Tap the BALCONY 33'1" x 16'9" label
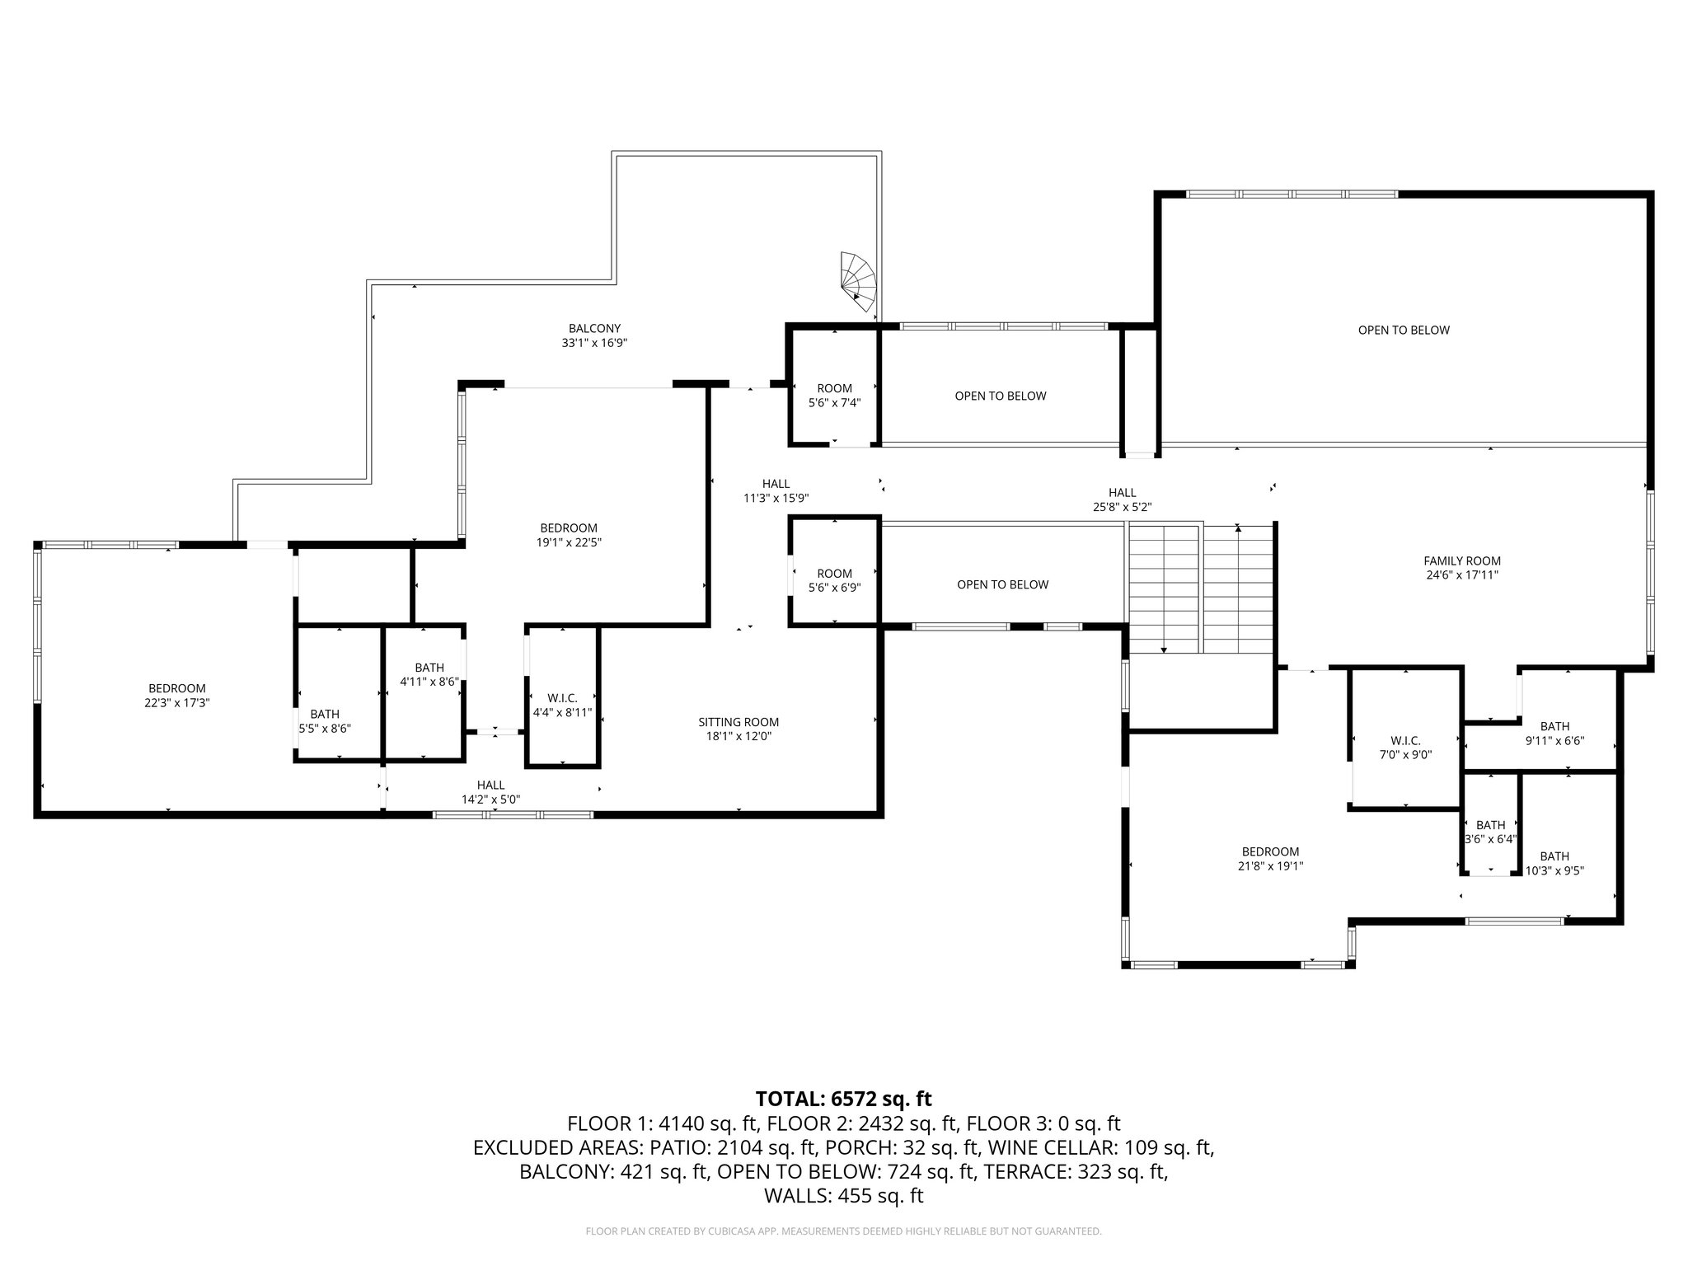(594, 335)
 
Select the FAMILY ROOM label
(1461, 568)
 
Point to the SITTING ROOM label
(738, 729)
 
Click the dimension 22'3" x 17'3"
(176, 703)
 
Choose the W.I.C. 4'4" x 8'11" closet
(561, 706)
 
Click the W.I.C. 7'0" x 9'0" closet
(1405, 747)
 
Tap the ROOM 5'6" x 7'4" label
(834, 395)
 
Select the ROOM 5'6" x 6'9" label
(834, 580)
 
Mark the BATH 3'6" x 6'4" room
(1490, 832)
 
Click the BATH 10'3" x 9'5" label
(1554, 863)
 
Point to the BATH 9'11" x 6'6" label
(1554, 733)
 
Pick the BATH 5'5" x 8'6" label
(325, 721)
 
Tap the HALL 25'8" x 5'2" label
(1122, 499)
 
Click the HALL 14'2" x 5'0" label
(490, 792)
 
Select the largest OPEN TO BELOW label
(1404, 331)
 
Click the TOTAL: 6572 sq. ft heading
(843, 1099)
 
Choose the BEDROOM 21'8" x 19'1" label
(1270, 859)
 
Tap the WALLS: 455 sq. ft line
(843, 1196)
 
